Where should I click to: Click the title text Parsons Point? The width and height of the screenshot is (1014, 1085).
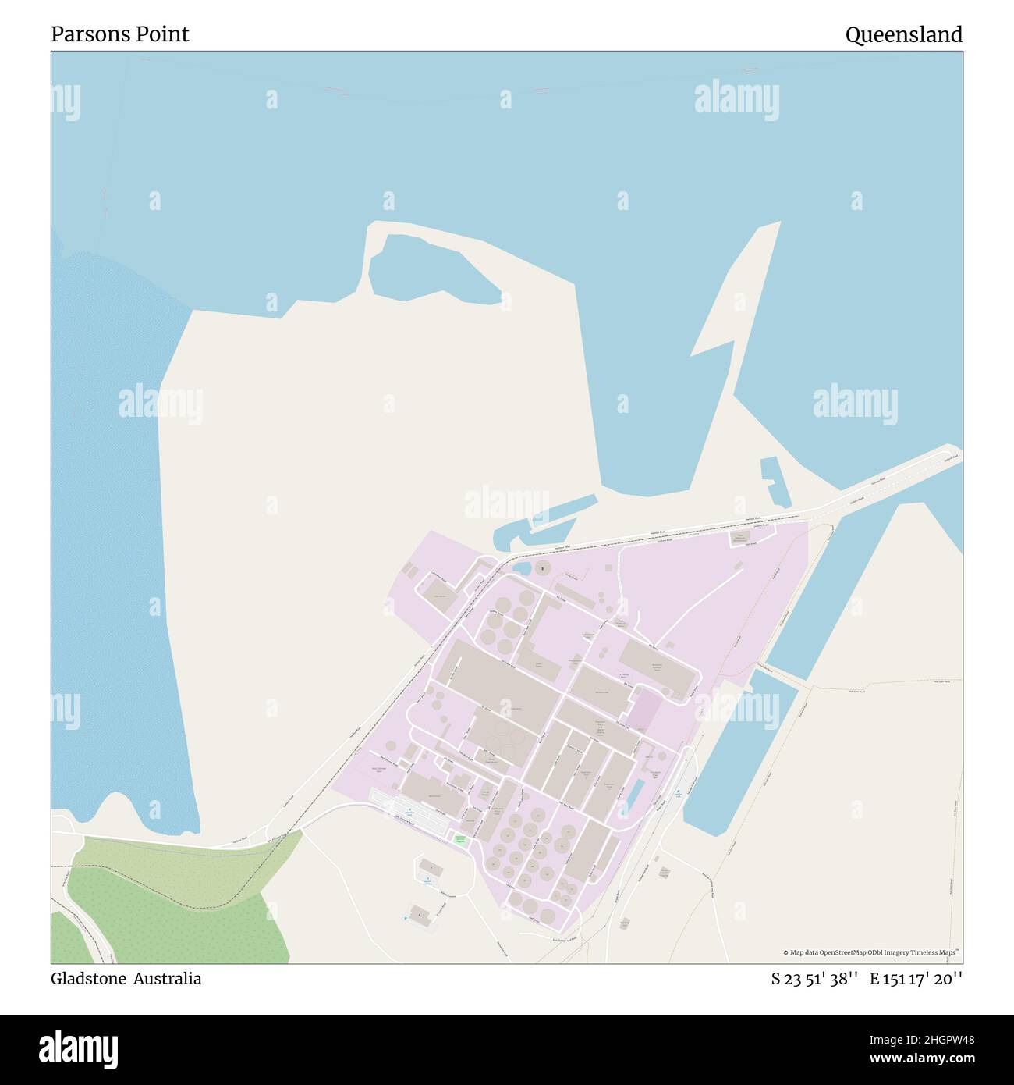[x=119, y=34]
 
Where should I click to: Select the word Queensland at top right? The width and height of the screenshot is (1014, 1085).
[x=903, y=34]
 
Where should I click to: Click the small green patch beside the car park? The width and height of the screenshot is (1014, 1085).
[x=460, y=840]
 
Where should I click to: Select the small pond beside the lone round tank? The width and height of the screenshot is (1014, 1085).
[x=523, y=567]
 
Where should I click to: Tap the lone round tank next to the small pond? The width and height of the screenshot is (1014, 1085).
[x=541, y=569]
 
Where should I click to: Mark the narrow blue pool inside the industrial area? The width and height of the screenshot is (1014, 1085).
[x=635, y=792]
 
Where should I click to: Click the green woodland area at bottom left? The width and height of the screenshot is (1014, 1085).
[x=172, y=905]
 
